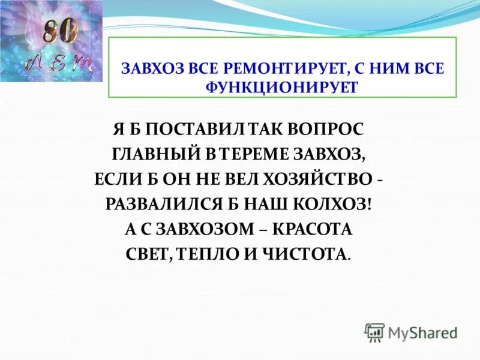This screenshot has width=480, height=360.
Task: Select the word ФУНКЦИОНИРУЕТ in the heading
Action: pos(281,87)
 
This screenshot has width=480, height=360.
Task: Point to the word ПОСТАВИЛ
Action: pos(193,129)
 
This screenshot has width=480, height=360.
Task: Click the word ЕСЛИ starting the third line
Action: pos(116,179)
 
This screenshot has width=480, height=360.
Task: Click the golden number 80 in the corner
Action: pos(60,31)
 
